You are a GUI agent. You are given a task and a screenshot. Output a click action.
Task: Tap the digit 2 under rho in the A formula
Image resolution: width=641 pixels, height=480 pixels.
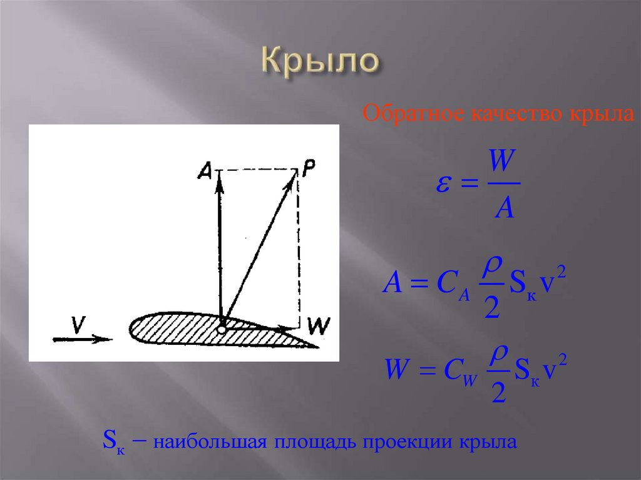(x=492, y=307)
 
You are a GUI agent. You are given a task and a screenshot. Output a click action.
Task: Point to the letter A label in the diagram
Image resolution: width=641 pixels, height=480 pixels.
(x=205, y=168)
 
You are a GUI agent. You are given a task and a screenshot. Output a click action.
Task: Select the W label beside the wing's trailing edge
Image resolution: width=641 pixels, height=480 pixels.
(x=320, y=325)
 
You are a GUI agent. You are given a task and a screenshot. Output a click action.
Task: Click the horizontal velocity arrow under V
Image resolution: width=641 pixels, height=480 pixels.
(x=82, y=339)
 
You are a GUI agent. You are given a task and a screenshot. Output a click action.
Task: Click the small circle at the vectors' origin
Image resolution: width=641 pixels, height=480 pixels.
(x=222, y=329)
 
